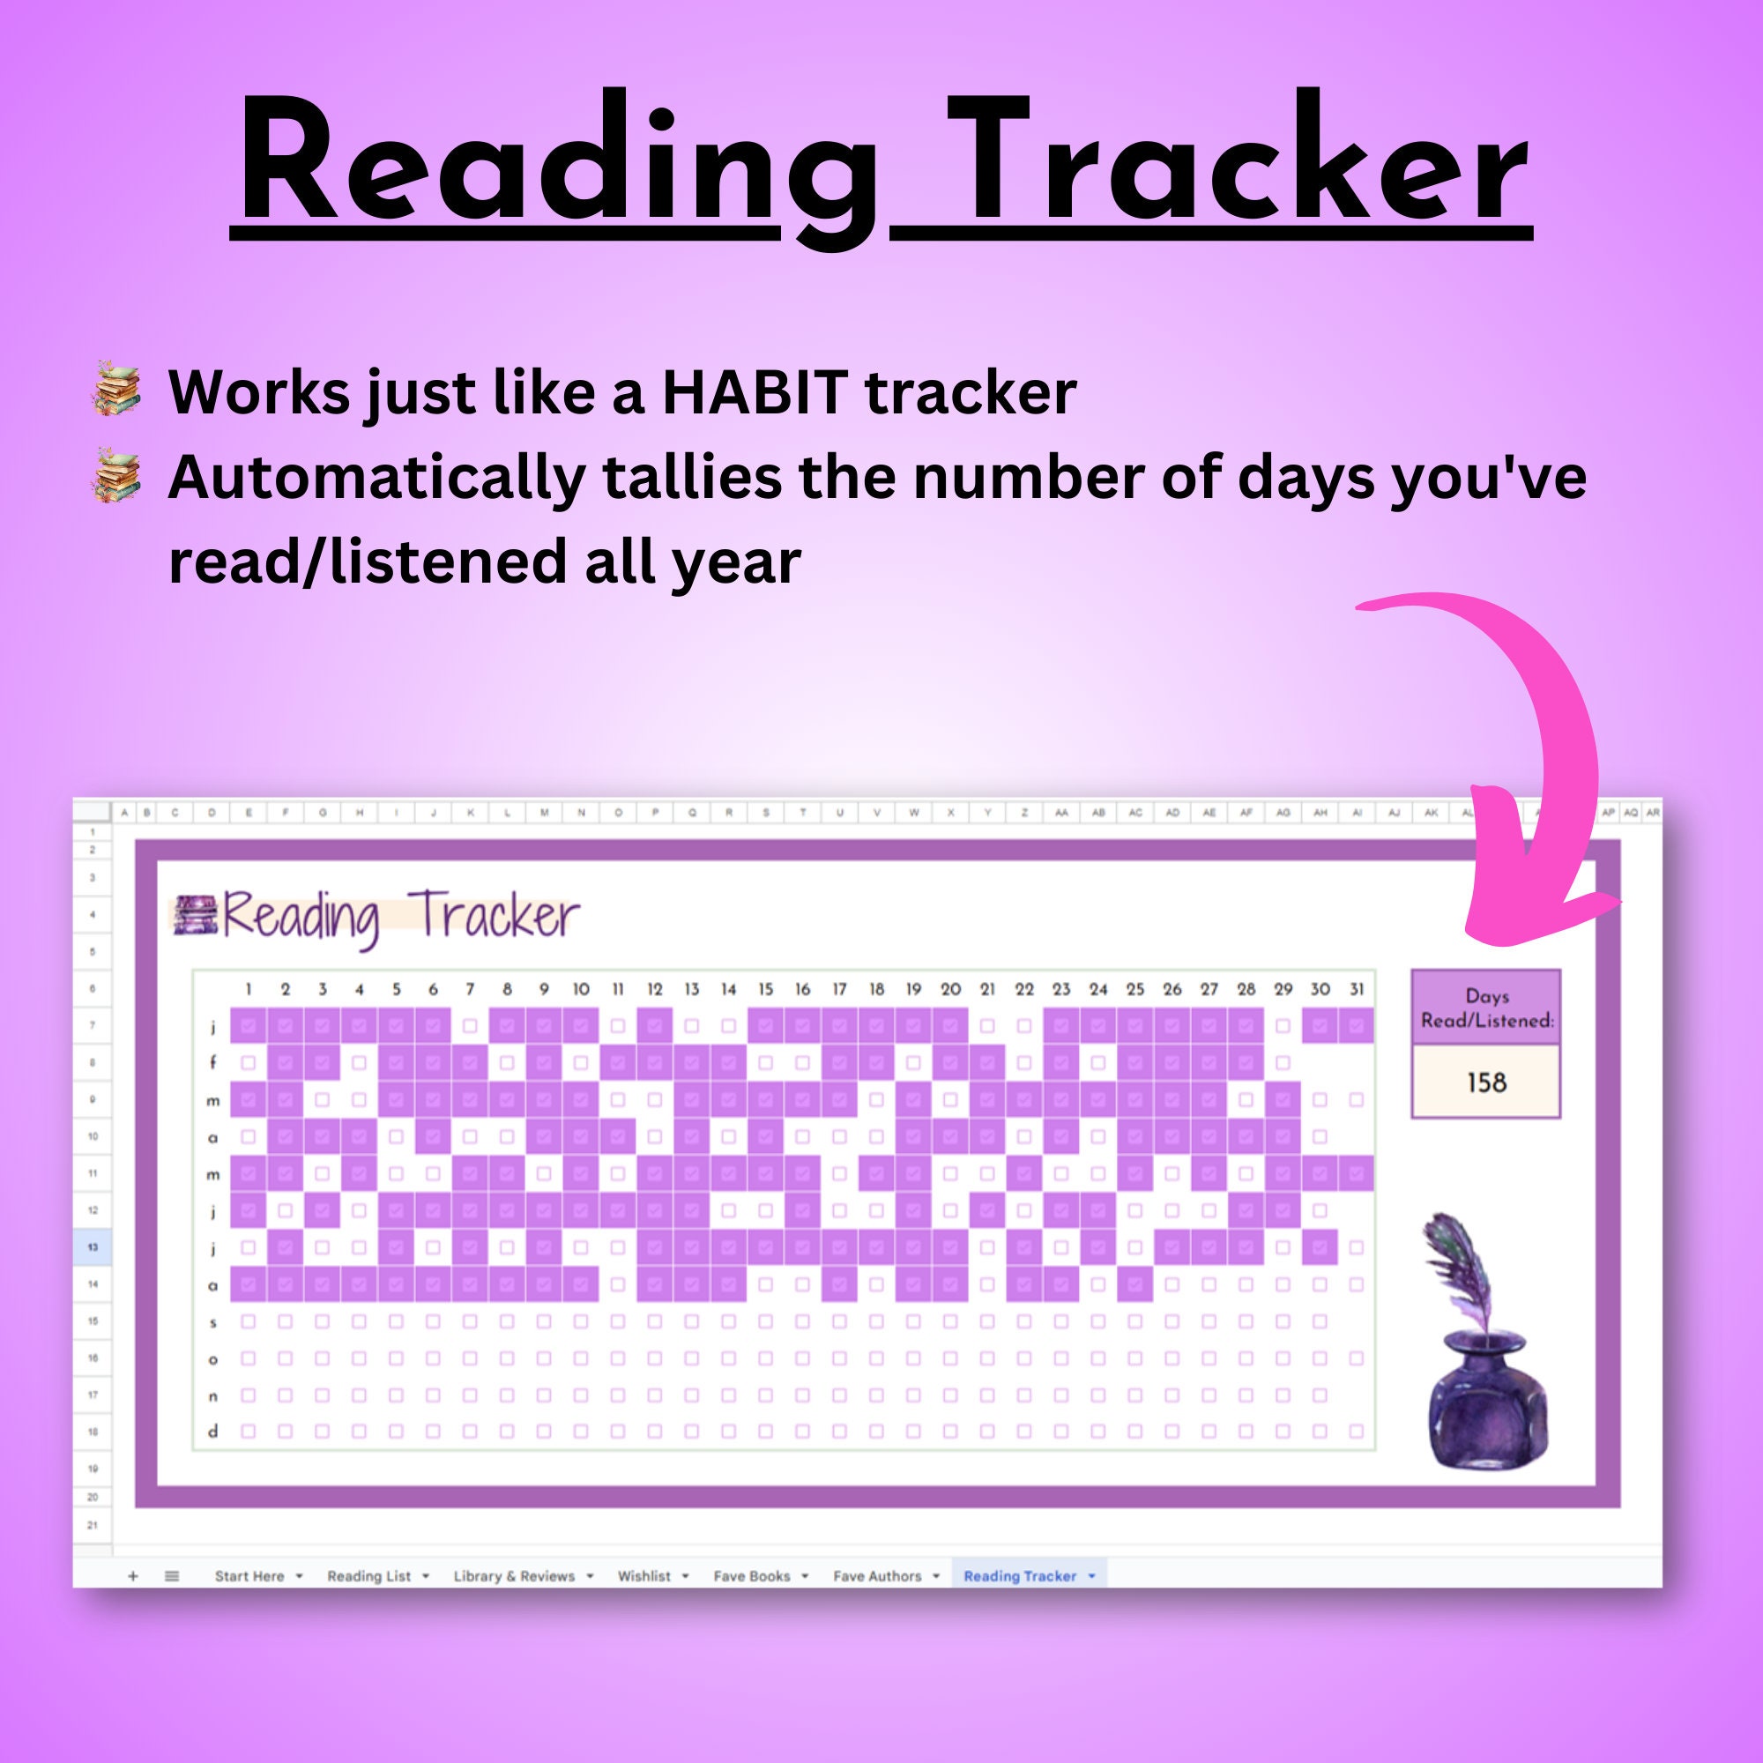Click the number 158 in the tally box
coord(1485,1082)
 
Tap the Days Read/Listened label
coord(1485,1008)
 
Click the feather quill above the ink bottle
coord(1460,1268)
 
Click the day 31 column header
coord(1356,989)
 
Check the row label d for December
coord(212,1432)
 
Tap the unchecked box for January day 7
coord(470,1026)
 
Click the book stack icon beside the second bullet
coord(117,475)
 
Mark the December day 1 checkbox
coord(249,1432)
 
